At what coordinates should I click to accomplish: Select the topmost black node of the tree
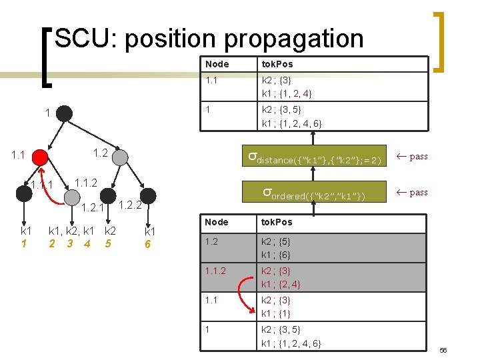64,113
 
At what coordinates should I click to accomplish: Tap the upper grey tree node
120,157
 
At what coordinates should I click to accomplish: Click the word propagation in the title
294,39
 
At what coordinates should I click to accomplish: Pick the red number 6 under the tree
148,244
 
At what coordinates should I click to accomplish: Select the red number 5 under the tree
108,243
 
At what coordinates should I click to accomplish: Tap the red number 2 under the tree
52,243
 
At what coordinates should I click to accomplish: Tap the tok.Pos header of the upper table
277,64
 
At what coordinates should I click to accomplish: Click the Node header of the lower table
217,222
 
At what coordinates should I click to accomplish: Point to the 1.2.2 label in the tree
130,205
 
